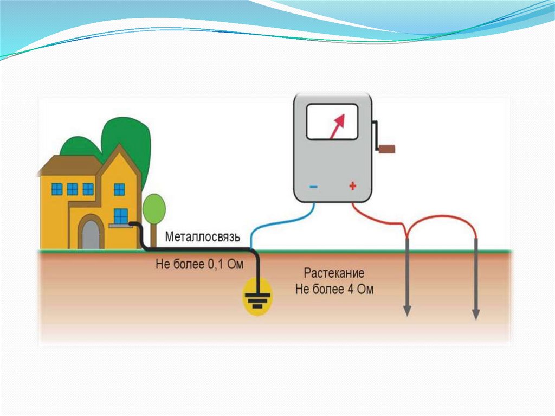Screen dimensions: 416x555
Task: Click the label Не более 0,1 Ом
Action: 199,265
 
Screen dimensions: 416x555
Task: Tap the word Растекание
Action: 334,273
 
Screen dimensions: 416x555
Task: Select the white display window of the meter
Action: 331,122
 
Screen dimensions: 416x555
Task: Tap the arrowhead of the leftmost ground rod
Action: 406,312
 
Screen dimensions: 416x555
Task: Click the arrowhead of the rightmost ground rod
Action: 476,313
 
